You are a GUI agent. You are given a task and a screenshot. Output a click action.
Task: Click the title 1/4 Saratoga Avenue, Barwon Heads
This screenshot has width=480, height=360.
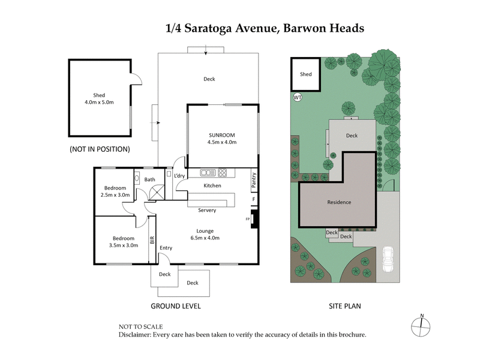coord(265,28)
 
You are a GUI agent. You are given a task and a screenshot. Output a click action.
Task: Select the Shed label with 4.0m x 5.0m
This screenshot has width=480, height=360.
coord(99,99)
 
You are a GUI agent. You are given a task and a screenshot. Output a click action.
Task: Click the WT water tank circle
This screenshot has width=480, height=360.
coord(297,97)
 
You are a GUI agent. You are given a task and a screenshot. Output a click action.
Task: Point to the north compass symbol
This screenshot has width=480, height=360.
coord(422,325)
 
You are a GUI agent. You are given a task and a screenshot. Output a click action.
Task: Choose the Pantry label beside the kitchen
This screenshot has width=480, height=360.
coord(254,179)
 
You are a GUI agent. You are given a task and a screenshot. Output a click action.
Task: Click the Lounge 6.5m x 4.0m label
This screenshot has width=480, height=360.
coord(205,234)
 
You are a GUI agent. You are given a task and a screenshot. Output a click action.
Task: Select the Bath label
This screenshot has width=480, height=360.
coord(150,179)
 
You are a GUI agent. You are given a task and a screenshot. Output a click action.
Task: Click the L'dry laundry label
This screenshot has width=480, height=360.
coord(179,176)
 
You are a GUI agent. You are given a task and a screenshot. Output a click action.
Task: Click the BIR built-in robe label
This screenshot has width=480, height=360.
coord(152,240)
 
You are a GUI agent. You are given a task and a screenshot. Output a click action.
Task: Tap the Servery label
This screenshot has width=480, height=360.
coord(207,211)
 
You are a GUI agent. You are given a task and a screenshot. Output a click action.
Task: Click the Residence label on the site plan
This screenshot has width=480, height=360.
coord(339,202)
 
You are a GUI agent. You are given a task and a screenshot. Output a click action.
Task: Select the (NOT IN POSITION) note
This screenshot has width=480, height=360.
coord(100,149)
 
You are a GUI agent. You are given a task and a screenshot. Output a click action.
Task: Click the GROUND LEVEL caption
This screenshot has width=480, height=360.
coord(175,306)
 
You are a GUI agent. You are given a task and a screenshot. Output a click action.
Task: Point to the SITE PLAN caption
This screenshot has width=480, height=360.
coord(344,306)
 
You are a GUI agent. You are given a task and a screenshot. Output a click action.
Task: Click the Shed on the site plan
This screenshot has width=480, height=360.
coord(306,74)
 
